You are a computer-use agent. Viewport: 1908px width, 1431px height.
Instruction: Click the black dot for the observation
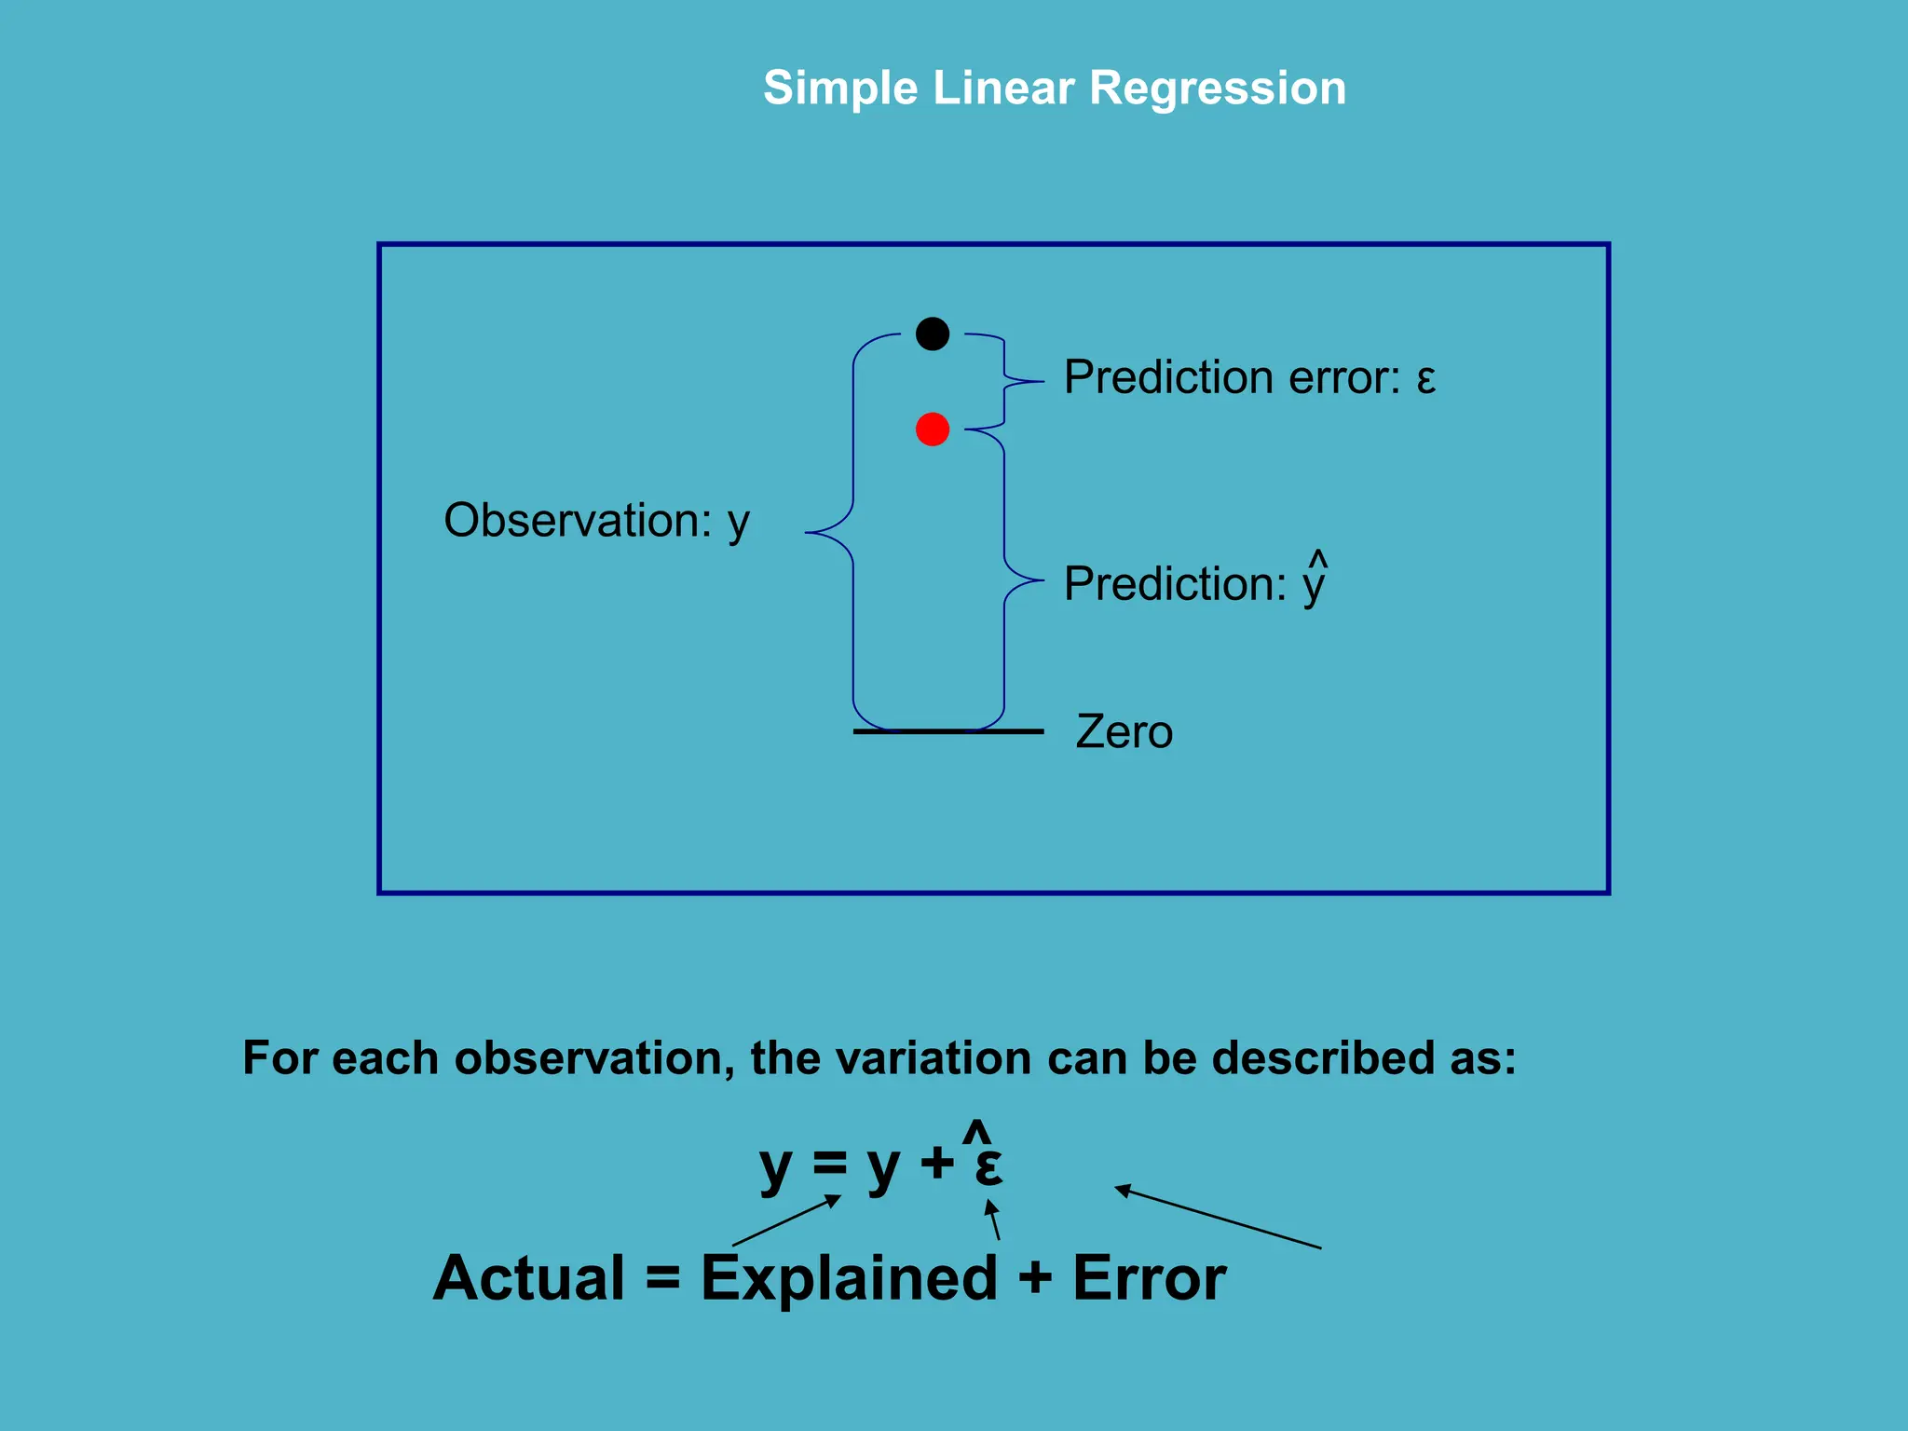pyautogui.click(x=933, y=334)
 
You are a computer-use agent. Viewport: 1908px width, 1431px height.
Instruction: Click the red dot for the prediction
pyautogui.click(x=933, y=429)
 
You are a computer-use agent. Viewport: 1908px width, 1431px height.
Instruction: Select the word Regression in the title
pyautogui.click(x=1217, y=89)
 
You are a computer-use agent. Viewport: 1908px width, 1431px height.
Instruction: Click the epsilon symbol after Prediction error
pyautogui.click(x=1425, y=379)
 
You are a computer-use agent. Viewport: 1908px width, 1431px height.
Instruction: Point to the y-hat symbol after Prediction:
pyautogui.click(x=1315, y=579)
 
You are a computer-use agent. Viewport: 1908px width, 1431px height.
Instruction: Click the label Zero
pyautogui.click(x=1124, y=732)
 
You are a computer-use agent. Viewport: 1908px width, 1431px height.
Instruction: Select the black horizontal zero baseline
pyautogui.click(x=947, y=732)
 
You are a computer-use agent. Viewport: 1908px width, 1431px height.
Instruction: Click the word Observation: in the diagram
pyautogui.click(x=578, y=520)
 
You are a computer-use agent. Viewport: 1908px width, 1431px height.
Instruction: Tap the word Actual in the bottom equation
pyautogui.click(x=529, y=1278)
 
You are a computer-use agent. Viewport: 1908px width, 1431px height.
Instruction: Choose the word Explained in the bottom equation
pyautogui.click(x=849, y=1278)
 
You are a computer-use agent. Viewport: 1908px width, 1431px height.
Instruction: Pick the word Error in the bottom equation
pyautogui.click(x=1149, y=1278)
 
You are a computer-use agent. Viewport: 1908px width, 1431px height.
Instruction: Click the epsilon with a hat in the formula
pyautogui.click(x=988, y=1163)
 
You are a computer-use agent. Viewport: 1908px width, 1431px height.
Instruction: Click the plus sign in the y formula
pyautogui.click(x=936, y=1163)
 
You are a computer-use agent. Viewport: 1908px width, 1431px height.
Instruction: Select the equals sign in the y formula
pyautogui.click(x=829, y=1163)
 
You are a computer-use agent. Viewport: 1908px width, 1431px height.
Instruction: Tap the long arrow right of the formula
pyautogui.click(x=1218, y=1217)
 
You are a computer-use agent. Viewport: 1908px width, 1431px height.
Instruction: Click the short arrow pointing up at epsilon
pyautogui.click(x=993, y=1220)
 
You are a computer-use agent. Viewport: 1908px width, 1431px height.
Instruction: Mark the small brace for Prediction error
pyautogui.click(x=1006, y=381)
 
